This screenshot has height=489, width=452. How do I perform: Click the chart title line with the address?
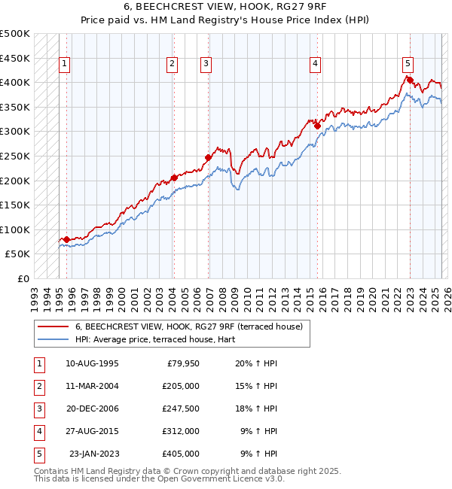(x=226, y=7)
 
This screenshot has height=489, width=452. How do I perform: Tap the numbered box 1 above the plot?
(x=65, y=65)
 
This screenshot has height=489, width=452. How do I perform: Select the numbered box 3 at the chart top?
(x=206, y=65)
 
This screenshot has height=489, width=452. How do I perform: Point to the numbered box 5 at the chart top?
(x=407, y=65)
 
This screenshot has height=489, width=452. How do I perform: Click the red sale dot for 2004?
(x=174, y=178)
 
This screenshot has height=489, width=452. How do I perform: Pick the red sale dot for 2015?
(x=317, y=125)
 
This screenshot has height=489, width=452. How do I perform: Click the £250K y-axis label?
(x=16, y=156)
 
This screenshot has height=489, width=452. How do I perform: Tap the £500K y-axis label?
(x=16, y=34)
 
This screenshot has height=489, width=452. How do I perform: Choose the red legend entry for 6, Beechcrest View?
(x=188, y=327)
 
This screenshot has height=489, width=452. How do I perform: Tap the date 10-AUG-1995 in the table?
(x=92, y=363)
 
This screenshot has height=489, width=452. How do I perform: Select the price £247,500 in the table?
(x=180, y=409)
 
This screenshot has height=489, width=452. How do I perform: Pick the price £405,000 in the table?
(x=180, y=454)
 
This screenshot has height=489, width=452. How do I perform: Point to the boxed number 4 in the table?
(x=38, y=431)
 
